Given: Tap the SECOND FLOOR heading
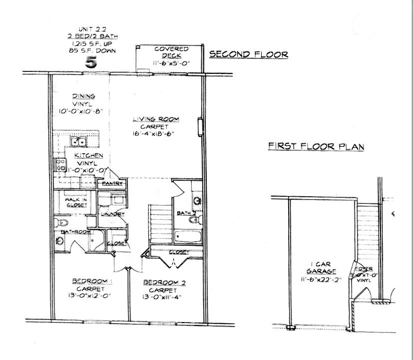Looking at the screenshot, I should pos(248,54).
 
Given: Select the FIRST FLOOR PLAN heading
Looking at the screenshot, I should pos(316,146).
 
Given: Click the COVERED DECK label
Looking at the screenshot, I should pos(171,52).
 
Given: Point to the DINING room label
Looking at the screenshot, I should pos(84,96).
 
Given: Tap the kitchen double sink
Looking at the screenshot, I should pos(77,142).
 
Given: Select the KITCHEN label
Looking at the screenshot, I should pos(89,156).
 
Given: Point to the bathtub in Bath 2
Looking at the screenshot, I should pos(188,236).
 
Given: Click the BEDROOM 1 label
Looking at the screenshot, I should pos(90,280).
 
